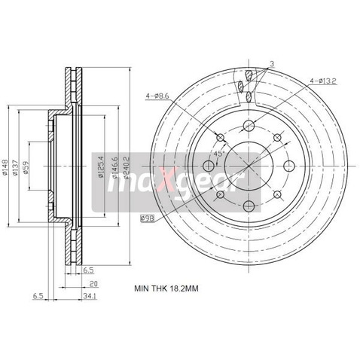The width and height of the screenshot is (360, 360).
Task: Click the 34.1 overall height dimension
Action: pos(90,297)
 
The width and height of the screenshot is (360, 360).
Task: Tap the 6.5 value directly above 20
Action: pos(89,270)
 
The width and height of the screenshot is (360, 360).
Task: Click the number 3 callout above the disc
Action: pos(272,65)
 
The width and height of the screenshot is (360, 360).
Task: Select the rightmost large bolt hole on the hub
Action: pos(288,166)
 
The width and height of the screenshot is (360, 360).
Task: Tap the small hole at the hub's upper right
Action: pos(277,138)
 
